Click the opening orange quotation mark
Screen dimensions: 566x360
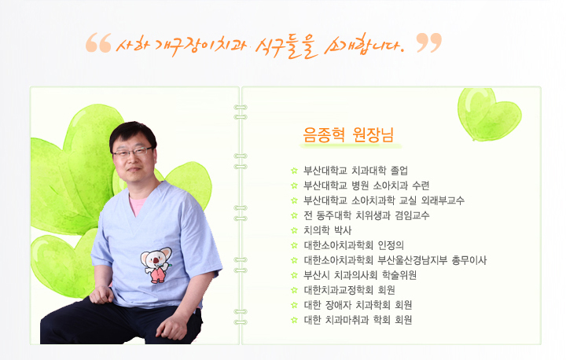[x=98, y=42]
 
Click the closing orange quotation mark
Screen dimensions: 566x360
[x=429, y=42]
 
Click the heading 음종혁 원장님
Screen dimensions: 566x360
[x=348, y=135]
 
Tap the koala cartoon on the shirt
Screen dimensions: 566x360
[x=156, y=265]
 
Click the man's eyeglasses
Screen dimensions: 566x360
[x=133, y=152]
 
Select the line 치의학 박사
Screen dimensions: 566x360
[x=327, y=230]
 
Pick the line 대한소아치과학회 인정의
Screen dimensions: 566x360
[x=354, y=245]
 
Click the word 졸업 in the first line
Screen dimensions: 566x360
[x=399, y=171]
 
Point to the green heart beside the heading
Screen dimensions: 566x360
[x=489, y=114]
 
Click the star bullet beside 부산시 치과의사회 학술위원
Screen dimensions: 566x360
[x=294, y=276]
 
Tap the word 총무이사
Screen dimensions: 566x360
[x=469, y=260]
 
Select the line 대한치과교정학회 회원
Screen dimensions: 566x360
[x=349, y=290]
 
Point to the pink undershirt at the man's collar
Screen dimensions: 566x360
[x=138, y=204]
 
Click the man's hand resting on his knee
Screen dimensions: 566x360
[x=101, y=294]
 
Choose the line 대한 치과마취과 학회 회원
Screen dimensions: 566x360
[x=358, y=320]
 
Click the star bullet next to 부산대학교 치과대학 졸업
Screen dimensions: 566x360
[x=294, y=171]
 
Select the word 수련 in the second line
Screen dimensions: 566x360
[x=421, y=186]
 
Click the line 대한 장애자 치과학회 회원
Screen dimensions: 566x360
[x=358, y=305]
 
